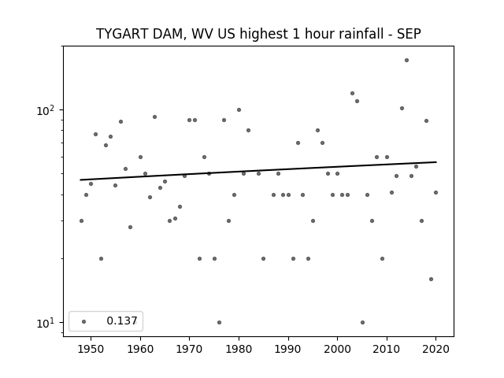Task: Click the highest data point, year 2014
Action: (406, 60)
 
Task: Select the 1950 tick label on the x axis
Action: (91, 349)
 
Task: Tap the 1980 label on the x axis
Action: (239, 349)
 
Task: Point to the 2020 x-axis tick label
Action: (435, 349)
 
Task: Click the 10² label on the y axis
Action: (46, 110)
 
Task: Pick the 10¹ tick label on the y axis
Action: (46, 323)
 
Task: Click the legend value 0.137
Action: (122, 321)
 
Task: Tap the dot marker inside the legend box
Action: (84, 321)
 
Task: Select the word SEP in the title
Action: (409, 34)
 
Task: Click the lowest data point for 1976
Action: (219, 322)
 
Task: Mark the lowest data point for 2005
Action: (362, 322)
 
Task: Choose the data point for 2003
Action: (352, 93)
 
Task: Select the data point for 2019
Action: (431, 279)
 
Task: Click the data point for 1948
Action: (81, 220)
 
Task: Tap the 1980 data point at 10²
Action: (239, 110)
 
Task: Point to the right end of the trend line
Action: (436, 162)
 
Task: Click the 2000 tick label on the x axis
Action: (337, 349)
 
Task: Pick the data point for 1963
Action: (154, 117)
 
